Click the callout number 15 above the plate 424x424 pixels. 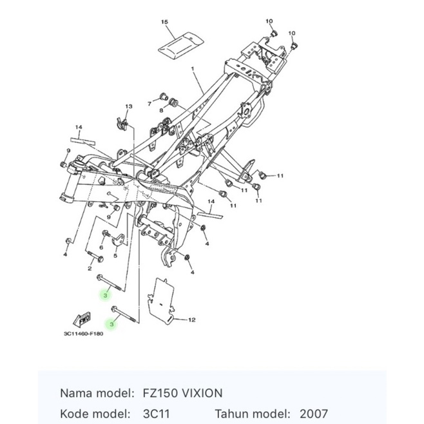tap(164, 23)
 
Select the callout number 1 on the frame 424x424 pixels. tap(192, 68)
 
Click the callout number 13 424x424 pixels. tap(128, 106)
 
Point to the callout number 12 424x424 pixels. tap(191, 319)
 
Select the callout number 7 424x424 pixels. tap(149, 103)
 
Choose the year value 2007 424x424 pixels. tap(313, 414)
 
